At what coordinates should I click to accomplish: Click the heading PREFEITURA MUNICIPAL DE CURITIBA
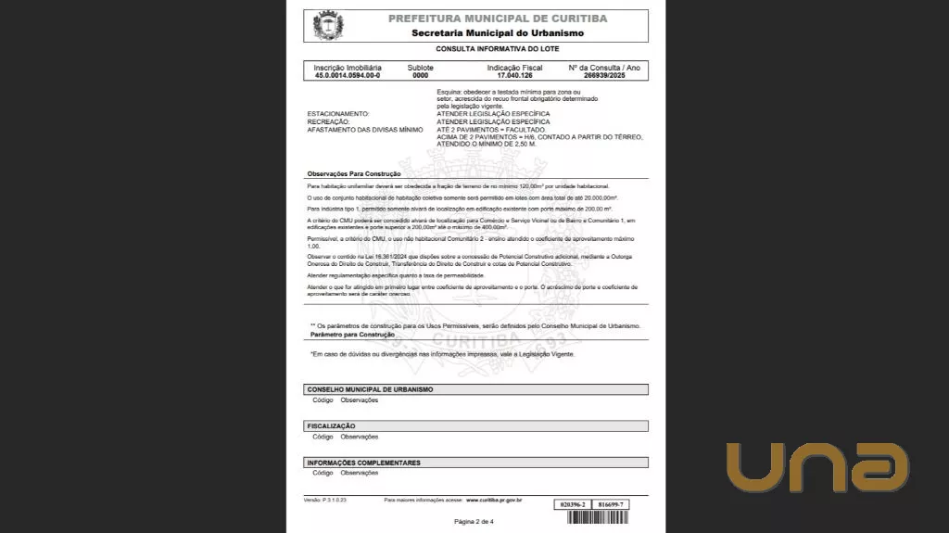pyautogui.click(x=498, y=19)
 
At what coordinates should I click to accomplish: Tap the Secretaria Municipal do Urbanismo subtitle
pyautogui.click(x=498, y=33)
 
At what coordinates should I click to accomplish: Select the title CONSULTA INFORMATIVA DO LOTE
pyautogui.click(x=498, y=48)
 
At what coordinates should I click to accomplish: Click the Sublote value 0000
pyautogui.click(x=420, y=74)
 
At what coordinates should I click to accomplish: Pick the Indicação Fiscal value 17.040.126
pyautogui.click(x=514, y=74)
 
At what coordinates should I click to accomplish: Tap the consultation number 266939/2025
pyautogui.click(x=605, y=74)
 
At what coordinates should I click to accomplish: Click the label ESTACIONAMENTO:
pyautogui.click(x=337, y=114)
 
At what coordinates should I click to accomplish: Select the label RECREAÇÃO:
pyautogui.click(x=328, y=121)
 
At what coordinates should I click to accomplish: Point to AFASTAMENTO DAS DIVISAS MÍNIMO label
pyautogui.click(x=364, y=130)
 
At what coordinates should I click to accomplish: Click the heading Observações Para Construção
pyautogui.click(x=353, y=174)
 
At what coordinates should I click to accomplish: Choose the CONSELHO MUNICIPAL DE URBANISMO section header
pyautogui.click(x=370, y=389)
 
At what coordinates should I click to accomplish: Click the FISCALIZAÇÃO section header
pyautogui.click(x=331, y=425)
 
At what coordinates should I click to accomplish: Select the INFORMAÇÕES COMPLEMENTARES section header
pyautogui.click(x=363, y=462)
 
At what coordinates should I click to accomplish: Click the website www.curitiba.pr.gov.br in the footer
pyautogui.click(x=494, y=500)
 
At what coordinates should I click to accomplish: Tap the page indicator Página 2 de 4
pyautogui.click(x=474, y=522)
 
